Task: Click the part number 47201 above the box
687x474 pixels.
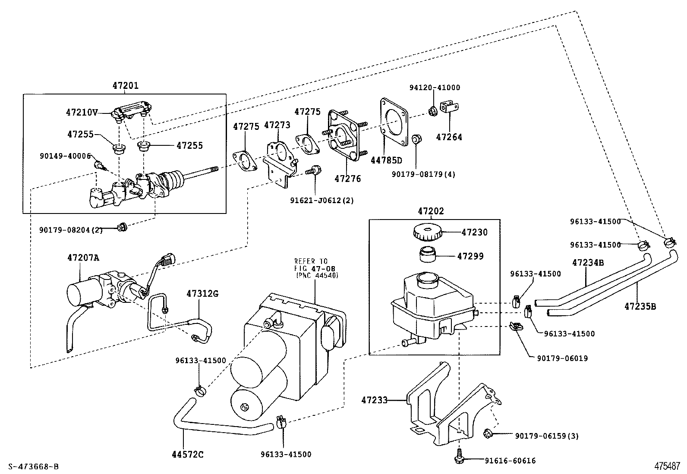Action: click(x=125, y=85)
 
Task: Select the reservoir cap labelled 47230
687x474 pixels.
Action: click(x=427, y=232)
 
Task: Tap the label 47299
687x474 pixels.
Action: click(x=470, y=256)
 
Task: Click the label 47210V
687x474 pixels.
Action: click(x=82, y=113)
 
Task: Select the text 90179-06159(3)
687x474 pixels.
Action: click(x=546, y=436)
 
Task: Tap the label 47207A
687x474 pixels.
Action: click(x=83, y=257)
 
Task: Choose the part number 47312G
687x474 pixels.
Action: click(x=202, y=294)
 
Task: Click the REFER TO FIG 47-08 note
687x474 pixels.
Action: click(x=316, y=268)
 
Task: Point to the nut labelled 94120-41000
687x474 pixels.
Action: click(x=433, y=111)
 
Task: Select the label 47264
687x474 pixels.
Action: click(x=449, y=137)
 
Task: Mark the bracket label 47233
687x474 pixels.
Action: click(x=374, y=400)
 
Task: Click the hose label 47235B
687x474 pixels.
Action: click(x=640, y=306)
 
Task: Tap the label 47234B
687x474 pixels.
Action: click(x=588, y=262)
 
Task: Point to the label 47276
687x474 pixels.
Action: click(x=347, y=178)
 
